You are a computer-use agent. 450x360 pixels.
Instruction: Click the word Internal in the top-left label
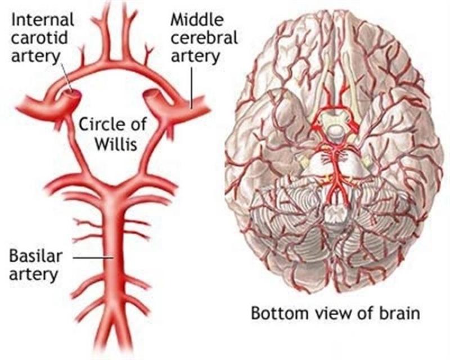click(43, 20)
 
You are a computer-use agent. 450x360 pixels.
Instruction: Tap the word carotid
click(39, 38)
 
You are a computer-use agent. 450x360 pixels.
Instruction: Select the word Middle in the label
click(197, 20)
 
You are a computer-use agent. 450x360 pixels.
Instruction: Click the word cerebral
click(204, 38)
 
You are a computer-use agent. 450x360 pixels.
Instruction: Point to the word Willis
click(116, 143)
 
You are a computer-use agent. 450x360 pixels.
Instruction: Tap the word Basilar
click(35, 256)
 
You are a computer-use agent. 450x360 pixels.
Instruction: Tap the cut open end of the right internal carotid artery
click(151, 94)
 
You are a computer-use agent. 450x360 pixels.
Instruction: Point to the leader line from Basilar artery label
click(93, 258)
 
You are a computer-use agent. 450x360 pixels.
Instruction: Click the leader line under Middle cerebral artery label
click(191, 88)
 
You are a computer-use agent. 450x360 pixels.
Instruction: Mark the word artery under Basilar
click(34, 275)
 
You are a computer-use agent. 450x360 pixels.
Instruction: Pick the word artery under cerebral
click(195, 56)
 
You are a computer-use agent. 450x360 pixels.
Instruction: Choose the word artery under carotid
click(35, 56)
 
